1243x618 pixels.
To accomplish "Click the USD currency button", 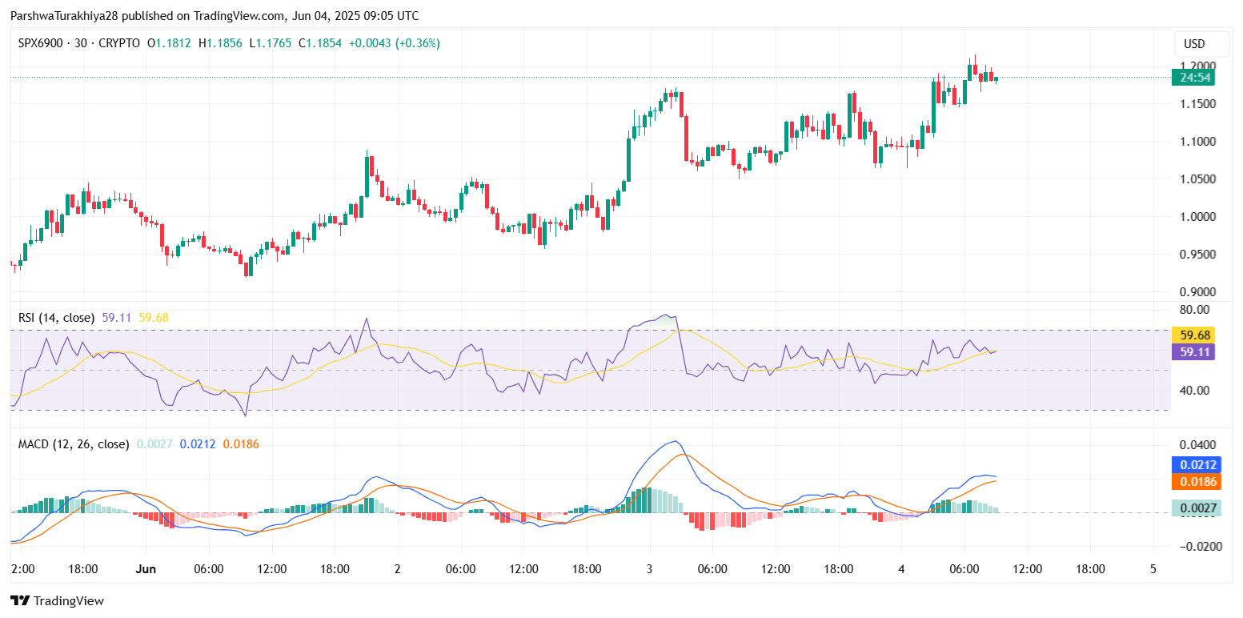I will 1194,44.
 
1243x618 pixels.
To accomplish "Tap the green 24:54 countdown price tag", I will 1193,78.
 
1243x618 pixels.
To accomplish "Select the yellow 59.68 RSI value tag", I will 1193,335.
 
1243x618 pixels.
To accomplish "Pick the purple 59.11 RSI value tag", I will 1193,351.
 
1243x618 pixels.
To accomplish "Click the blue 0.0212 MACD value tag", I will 1196,465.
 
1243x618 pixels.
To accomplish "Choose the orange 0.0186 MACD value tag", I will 1196,482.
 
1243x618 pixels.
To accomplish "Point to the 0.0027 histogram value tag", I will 1196,508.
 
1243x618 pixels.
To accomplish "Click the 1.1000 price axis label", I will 1199,142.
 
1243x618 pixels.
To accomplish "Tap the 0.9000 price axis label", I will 1199,292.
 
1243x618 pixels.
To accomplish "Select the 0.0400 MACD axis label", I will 1199,445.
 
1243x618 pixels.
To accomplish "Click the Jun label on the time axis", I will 145,569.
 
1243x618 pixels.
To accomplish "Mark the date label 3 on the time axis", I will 649,569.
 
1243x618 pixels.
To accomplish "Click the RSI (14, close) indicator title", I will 56,318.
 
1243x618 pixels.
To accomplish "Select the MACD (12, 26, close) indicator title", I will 74,443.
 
